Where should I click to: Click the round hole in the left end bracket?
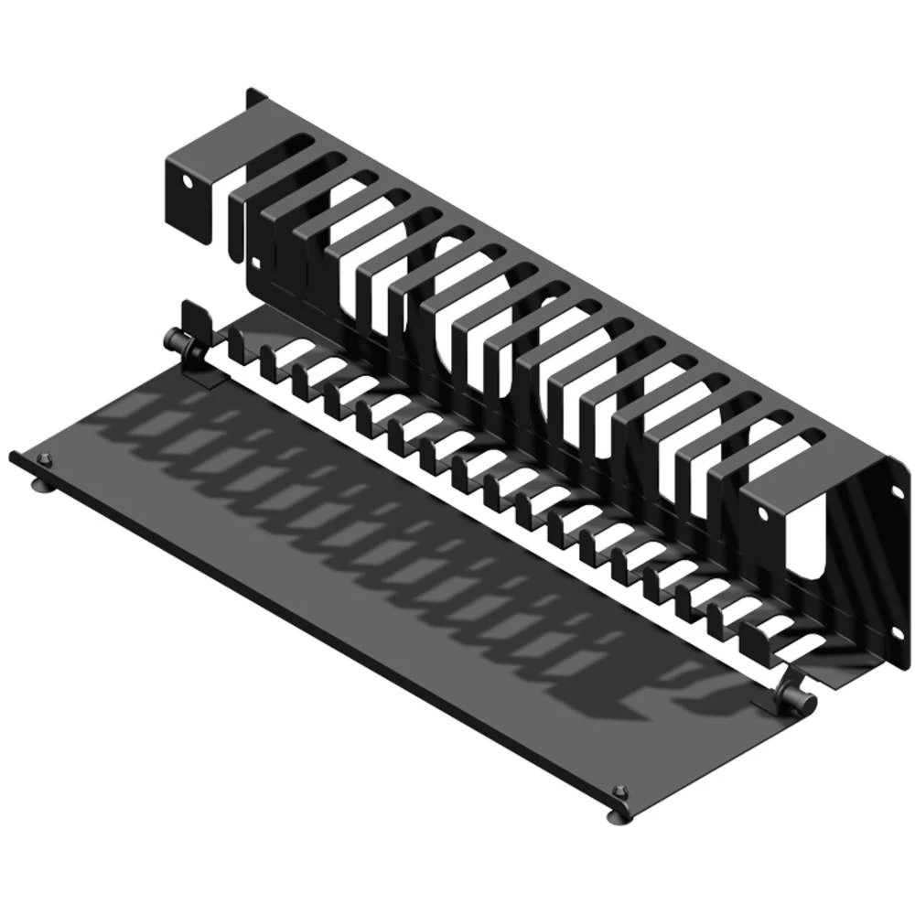[x=190, y=181]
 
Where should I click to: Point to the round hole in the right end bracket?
[x=765, y=513]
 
